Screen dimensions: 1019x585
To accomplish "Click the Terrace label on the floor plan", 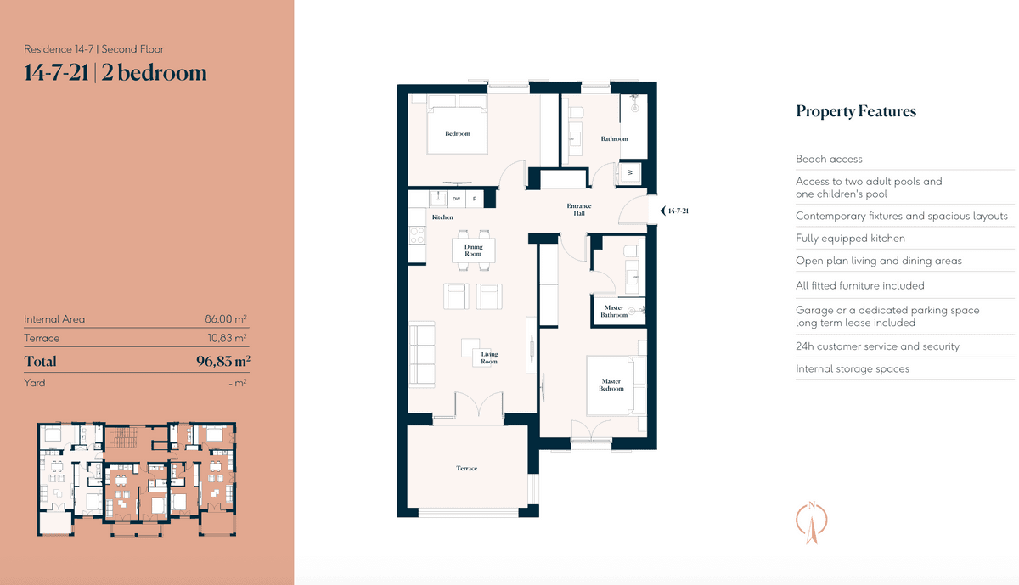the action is pos(467,468).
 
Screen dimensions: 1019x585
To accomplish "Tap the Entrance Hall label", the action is pos(578,209).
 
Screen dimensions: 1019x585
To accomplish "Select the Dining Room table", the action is pos(474,250).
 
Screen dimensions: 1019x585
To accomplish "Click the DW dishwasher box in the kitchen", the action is pos(456,199).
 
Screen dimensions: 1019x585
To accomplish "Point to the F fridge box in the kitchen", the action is pos(475,199).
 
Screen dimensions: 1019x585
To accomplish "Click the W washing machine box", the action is pos(630,172).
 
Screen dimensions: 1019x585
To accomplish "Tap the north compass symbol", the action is pos(812,522).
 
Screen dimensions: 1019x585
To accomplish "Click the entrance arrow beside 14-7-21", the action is pos(663,211).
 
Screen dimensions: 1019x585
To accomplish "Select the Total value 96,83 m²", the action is pos(223,361).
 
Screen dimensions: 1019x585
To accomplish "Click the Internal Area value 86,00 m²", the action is pos(226,319).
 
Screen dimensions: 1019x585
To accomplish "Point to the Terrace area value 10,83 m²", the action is pos(227,338).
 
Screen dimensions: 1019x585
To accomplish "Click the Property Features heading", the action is pos(856,111).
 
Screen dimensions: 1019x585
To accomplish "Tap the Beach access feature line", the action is pos(829,160).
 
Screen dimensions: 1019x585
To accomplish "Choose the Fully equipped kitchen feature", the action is pos(850,239).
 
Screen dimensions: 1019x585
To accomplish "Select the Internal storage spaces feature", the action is pos(853,369).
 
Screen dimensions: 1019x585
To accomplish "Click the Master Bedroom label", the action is pos(611,385).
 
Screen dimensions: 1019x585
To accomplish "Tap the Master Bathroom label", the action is pos(614,311).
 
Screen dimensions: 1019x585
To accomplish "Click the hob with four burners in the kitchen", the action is pos(417,236).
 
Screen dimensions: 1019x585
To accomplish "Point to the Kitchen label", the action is pos(442,217).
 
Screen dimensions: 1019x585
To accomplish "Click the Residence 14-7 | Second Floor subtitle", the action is pos(93,49).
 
